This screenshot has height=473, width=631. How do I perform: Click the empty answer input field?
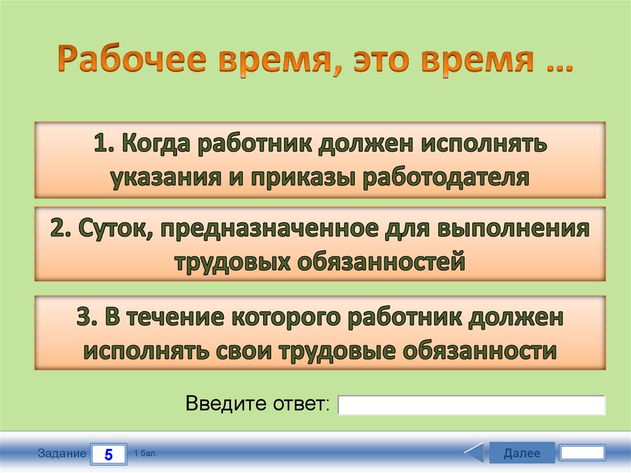click(x=472, y=405)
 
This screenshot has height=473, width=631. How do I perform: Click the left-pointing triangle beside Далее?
click(x=474, y=453)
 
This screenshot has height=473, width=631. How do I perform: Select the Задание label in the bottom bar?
click(x=62, y=454)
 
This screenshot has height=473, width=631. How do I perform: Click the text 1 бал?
click(x=145, y=453)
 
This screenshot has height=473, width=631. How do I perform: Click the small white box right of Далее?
click(x=582, y=453)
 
